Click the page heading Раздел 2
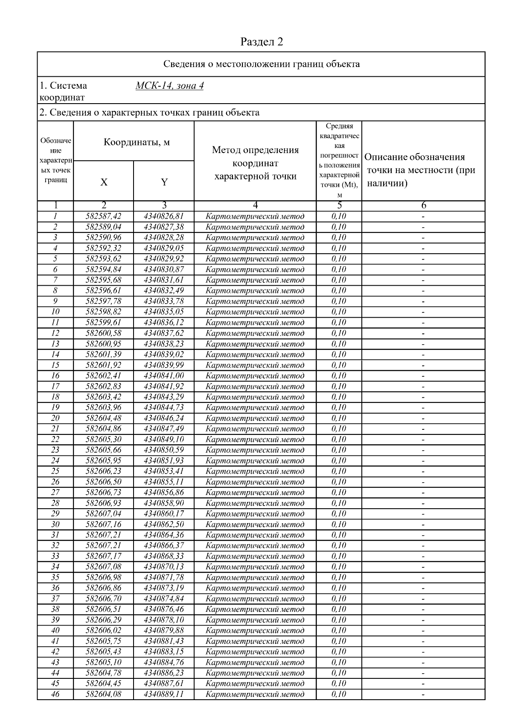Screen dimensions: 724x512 262,42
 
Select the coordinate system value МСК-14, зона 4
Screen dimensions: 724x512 169,86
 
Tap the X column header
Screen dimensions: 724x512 104,182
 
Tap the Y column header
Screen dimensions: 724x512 164,182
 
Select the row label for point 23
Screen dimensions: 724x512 55,450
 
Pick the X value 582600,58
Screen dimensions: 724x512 104,333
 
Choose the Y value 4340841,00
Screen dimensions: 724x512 164,376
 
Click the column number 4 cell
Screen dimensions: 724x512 255,206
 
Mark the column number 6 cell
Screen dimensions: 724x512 423,206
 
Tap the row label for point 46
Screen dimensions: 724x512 55,694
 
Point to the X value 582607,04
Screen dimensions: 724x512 104,514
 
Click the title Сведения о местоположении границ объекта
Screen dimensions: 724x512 262,64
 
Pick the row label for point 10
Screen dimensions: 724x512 55,312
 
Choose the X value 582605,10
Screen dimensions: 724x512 104,662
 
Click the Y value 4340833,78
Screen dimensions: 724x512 164,301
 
